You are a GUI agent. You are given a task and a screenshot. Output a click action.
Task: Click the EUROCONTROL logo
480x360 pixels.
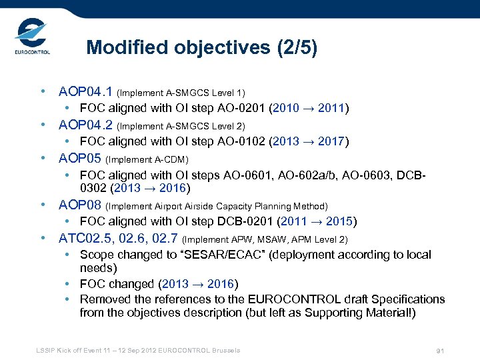click(x=31, y=39)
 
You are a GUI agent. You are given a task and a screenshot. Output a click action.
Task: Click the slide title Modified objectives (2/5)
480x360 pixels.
click(x=202, y=48)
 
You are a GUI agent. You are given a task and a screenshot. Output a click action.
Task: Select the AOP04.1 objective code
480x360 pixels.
click(x=86, y=91)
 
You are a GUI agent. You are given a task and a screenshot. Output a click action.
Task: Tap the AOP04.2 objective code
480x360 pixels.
click(x=86, y=125)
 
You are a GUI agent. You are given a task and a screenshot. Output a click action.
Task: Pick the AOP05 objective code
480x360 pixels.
click(x=80, y=158)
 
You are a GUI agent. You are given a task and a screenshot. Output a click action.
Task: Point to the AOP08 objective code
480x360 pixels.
click(x=80, y=205)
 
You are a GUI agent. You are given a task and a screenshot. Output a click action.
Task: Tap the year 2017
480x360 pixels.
click(x=332, y=141)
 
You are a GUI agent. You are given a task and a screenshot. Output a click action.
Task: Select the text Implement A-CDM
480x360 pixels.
click(x=147, y=159)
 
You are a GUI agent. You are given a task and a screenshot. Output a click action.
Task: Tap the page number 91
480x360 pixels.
click(x=440, y=351)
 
